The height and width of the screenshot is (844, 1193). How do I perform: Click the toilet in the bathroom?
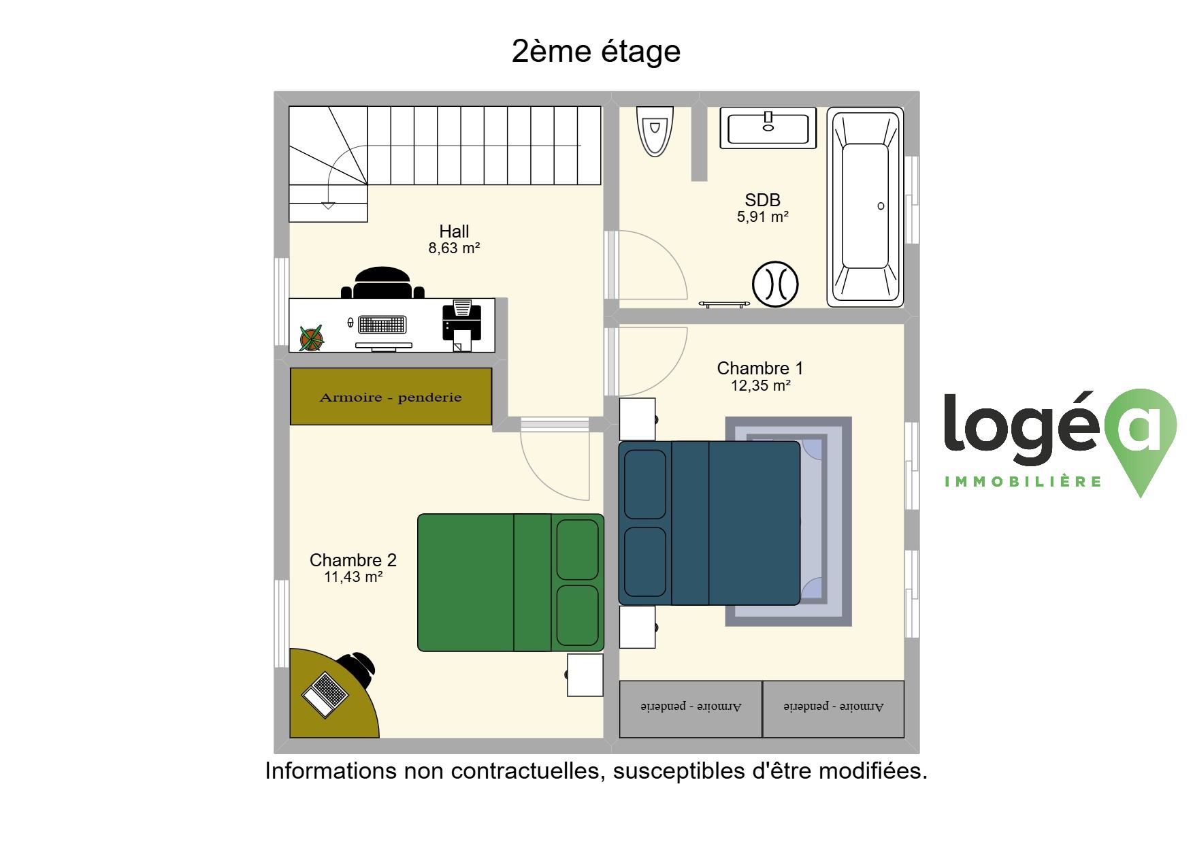point(655,131)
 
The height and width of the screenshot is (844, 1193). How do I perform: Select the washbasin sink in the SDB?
point(768,128)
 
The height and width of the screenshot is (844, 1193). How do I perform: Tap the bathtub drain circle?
point(881,206)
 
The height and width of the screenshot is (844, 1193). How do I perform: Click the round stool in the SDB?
point(775,284)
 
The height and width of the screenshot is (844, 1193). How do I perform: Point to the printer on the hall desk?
point(462,325)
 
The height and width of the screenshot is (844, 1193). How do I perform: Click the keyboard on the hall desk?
point(382,325)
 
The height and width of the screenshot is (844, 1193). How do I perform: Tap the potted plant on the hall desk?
point(311,338)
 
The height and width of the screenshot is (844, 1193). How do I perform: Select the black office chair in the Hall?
point(382,282)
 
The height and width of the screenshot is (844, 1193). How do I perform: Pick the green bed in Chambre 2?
point(510,583)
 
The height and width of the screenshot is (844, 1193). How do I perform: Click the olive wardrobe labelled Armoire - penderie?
point(391,397)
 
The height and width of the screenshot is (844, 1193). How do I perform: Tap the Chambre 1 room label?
point(760,368)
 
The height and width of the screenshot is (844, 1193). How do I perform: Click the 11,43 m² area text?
point(353,577)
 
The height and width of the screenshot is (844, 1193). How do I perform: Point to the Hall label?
point(454,231)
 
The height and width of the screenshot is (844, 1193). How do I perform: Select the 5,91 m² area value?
point(762,217)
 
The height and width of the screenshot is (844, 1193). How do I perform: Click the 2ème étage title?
point(596,51)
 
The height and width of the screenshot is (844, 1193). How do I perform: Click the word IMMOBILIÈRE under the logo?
point(1023,482)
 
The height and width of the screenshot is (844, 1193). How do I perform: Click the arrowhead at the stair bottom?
point(328,206)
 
